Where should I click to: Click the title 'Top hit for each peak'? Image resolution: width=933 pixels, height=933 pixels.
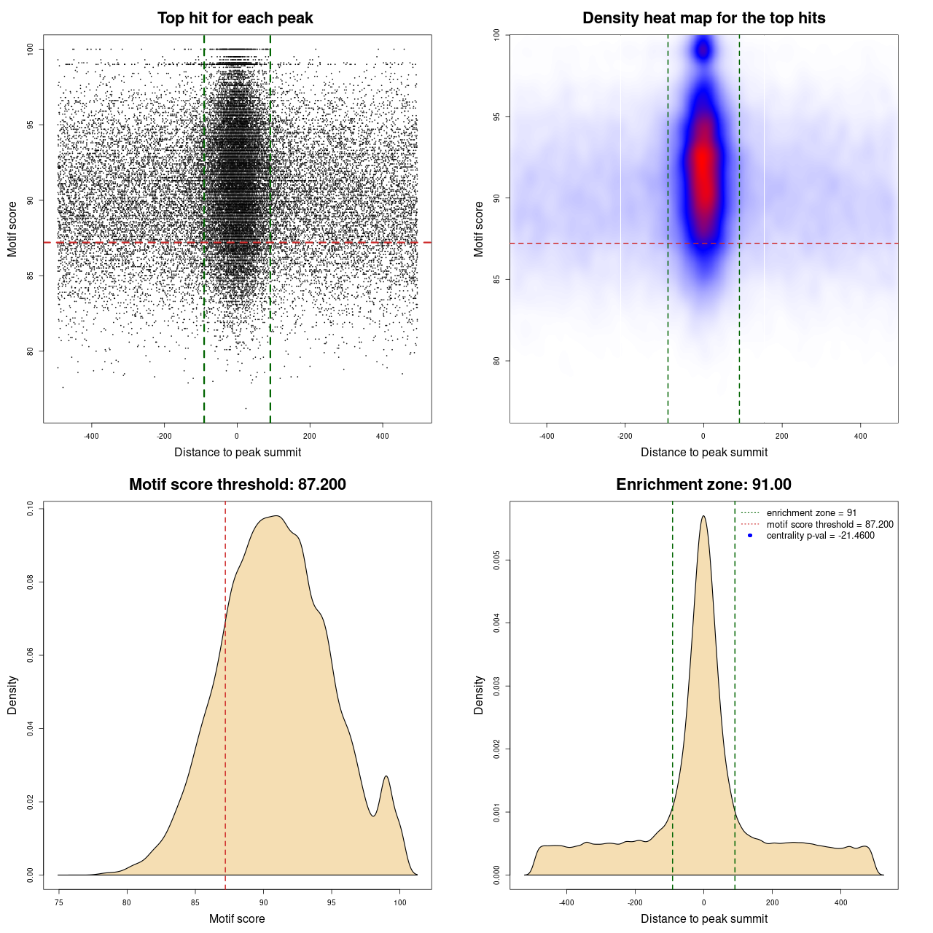(x=235, y=18)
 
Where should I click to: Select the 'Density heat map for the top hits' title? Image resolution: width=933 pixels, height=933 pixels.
(x=703, y=18)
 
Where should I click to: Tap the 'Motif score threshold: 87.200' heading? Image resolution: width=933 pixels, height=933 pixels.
(x=237, y=485)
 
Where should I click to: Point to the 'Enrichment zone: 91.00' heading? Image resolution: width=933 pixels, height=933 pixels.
(x=703, y=485)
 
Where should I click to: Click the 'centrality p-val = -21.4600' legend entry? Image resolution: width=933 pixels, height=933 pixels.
(x=820, y=536)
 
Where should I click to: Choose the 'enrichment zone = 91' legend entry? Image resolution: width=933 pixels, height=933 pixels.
(x=811, y=513)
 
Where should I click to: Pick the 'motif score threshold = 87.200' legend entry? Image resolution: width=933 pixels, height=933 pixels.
(x=829, y=525)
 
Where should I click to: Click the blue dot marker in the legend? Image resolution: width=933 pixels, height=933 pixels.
(x=750, y=536)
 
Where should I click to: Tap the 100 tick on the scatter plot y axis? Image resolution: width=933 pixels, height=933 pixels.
(x=31, y=49)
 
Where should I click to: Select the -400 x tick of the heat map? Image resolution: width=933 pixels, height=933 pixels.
(x=547, y=437)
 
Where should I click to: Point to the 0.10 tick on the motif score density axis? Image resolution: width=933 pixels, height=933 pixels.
(x=31, y=508)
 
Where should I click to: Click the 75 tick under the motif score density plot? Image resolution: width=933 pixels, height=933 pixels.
(x=59, y=903)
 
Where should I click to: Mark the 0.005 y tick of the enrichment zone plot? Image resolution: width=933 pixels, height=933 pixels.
(x=497, y=561)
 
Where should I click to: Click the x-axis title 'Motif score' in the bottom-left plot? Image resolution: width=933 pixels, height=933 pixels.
(x=237, y=918)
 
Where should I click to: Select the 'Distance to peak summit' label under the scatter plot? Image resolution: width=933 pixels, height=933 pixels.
(x=238, y=452)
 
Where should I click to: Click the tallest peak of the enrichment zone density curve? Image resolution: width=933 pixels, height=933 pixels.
(x=703, y=517)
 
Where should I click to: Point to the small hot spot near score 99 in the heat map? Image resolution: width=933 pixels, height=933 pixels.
(x=703, y=50)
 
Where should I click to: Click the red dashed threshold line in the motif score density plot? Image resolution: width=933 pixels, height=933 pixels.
(x=225, y=692)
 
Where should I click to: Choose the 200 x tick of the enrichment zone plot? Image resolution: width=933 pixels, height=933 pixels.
(x=773, y=903)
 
